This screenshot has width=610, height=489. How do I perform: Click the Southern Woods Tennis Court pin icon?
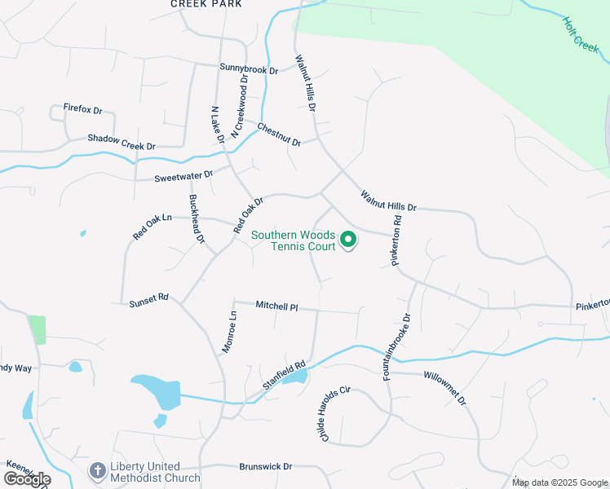[348, 240]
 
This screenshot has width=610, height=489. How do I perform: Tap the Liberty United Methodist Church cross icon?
[98, 470]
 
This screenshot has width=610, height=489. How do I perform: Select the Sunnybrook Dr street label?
[249, 69]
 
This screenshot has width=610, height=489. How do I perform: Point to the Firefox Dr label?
[83, 109]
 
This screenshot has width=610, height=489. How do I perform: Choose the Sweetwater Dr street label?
[184, 176]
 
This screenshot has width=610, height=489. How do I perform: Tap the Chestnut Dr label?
[279, 134]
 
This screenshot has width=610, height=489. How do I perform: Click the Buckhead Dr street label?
[197, 219]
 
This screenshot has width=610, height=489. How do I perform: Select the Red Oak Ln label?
[153, 227]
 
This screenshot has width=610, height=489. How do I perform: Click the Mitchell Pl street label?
[277, 306]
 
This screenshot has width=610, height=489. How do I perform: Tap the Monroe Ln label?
[228, 331]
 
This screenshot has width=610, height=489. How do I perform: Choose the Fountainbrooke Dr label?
[397, 346]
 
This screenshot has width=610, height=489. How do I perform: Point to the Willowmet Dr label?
[444, 388]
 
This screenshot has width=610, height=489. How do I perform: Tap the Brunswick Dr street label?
[266, 467]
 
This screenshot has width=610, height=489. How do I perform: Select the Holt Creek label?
[581, 36]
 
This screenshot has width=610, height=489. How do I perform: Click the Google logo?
[27, 479]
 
